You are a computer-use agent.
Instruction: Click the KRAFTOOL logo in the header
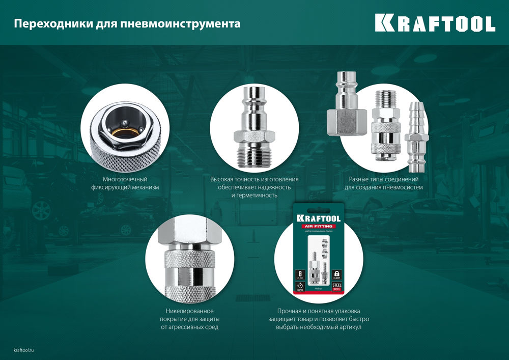(x=435, y=23)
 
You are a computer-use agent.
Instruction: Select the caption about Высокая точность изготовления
(x=254, y=187)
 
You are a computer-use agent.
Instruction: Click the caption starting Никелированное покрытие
(x=189, y=319)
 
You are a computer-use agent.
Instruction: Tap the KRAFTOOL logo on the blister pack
(x=318, y=217)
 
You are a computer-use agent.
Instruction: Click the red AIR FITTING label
(x=318, y=226)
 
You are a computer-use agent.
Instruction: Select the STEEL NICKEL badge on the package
(x=336, y=288)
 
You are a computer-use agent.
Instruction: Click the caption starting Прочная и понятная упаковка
(x=319, y=319)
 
